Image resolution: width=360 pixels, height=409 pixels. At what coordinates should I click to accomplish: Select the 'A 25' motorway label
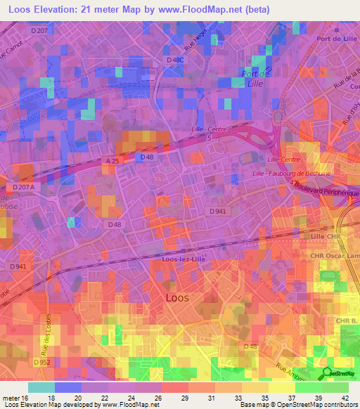coord(112,161)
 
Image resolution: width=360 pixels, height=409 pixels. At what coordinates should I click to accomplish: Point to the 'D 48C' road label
coord(174,60)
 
